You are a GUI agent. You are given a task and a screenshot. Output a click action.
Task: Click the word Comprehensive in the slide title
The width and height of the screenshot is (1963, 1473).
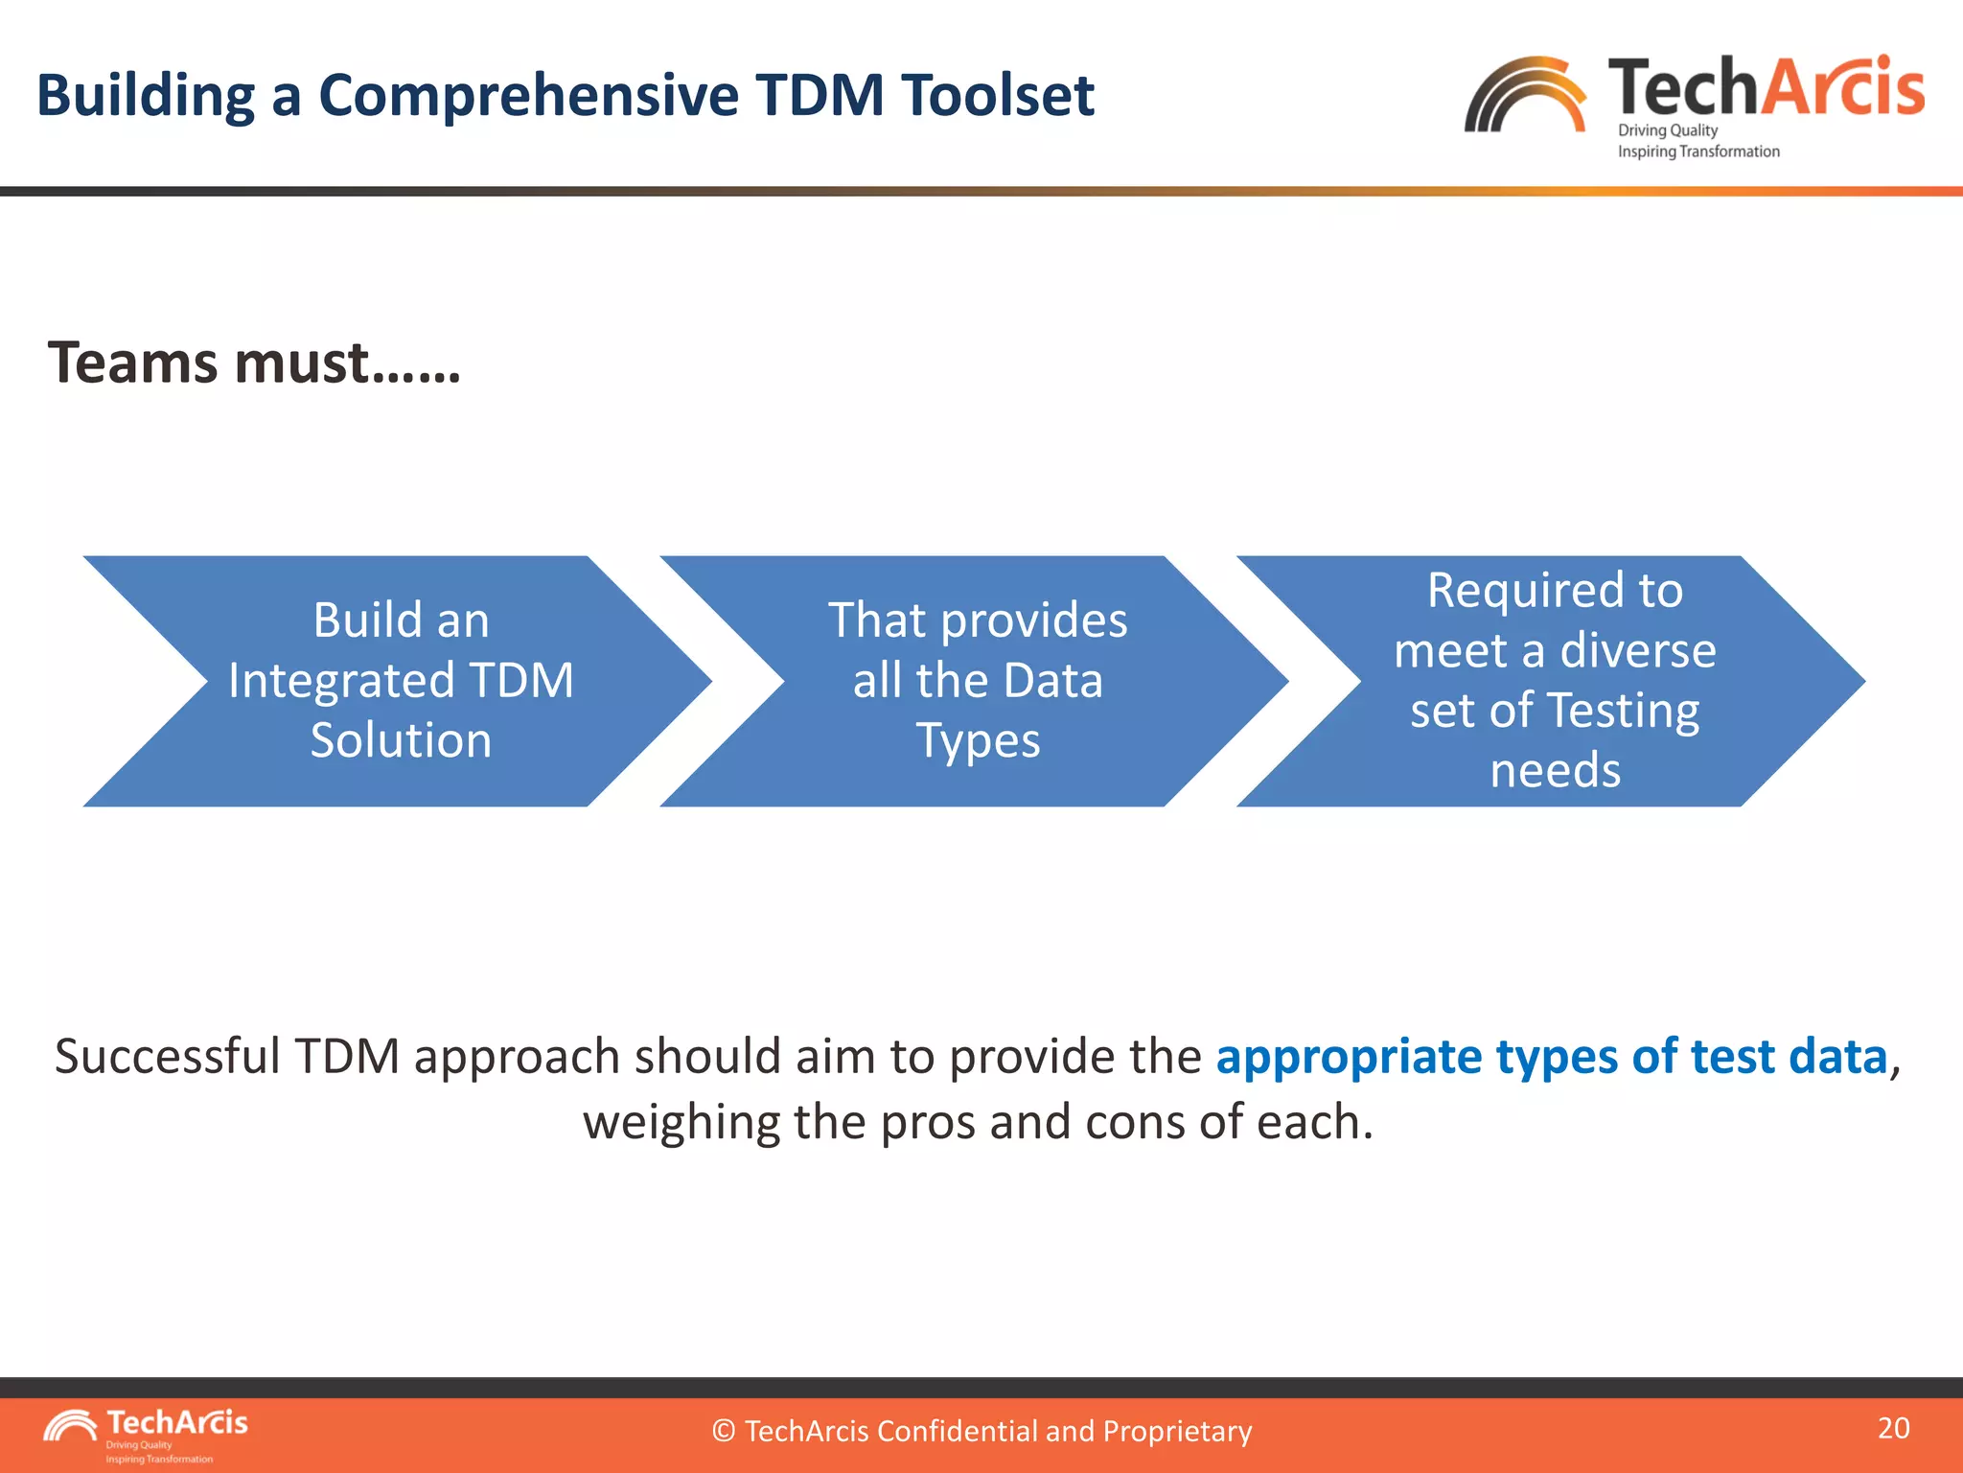pyautogui.click(x=528, y=96)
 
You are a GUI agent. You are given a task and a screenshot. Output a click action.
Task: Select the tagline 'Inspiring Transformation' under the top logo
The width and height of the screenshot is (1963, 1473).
pyautogui.click(x=1698, y=152)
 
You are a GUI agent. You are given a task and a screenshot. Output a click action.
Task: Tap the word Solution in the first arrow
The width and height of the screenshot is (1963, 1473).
pyautogui.click(x=401, y=741)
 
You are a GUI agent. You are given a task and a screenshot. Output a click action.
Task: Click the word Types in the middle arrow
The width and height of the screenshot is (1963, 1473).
pyautogui.click(x=978, y=741)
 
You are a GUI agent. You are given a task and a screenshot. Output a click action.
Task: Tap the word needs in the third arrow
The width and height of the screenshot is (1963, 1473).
pyautogui.click(x=1555, y=771)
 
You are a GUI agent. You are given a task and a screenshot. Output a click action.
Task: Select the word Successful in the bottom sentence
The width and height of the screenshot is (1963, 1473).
pyautogui.click(x=167, y=1057)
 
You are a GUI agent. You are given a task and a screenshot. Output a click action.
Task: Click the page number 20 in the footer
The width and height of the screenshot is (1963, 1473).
pyautogui.click(x=1893, y=1428)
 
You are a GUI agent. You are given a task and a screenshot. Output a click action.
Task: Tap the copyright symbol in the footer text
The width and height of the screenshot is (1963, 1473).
pyautogui.click(x=724, y=1432)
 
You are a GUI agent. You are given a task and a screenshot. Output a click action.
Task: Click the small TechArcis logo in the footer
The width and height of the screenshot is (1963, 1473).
pyautogui.click(x=144, y=1433)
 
